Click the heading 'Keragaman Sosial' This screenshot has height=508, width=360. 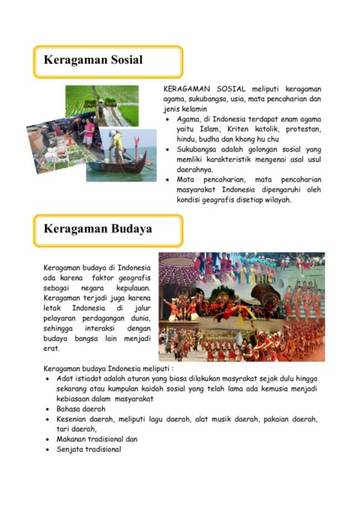93,60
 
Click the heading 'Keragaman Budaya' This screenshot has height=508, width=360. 97,229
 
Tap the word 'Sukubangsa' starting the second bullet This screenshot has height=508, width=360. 201,150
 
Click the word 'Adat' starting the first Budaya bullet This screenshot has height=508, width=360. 64,379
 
